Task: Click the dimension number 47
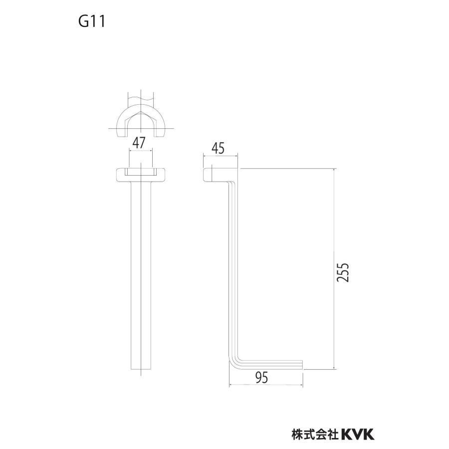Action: (140, 142)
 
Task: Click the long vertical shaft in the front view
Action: (141, 274)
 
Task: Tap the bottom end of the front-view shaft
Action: (141, 368)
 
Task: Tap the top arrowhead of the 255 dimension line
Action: (334, 171)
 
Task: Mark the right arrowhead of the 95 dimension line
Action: (300, 386)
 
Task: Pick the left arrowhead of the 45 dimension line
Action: (205, 156)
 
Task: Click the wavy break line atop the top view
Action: (141, 98)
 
